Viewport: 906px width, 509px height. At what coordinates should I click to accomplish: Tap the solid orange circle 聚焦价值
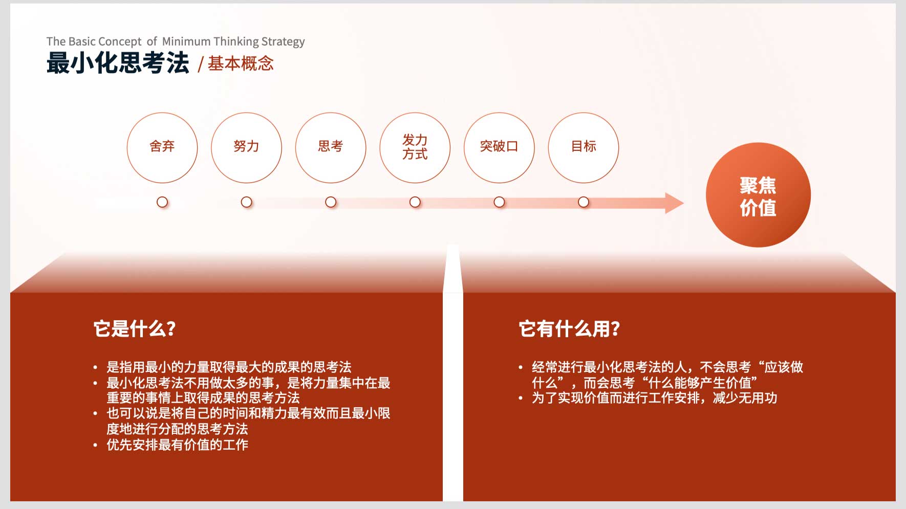[x=758, y=195]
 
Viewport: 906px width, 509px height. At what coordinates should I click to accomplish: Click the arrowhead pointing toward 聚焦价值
[x=674, y=203]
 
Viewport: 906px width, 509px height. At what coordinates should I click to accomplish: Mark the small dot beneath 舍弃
[x=162, y=202]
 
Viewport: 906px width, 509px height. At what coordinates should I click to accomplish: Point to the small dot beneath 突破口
[x=499, y=202]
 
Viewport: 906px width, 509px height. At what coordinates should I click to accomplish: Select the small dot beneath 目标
[x=584, y=202]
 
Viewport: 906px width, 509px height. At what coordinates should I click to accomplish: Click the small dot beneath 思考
[x=331, y=202]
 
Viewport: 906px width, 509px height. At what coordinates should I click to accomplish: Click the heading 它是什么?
[x=135, y=328]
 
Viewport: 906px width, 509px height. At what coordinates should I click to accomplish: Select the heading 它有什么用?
[x=569, y=328]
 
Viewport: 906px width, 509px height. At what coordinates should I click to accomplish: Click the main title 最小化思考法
[x=118, y=63]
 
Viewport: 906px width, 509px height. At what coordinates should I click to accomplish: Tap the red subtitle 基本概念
[x=241, y=63]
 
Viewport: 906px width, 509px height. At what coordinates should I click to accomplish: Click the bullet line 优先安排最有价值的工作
[x=177, y=445]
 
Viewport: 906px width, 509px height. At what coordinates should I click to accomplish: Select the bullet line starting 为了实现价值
[x=654, y=398]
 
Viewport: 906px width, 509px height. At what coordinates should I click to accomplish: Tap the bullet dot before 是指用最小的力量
[x=95, y=367]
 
